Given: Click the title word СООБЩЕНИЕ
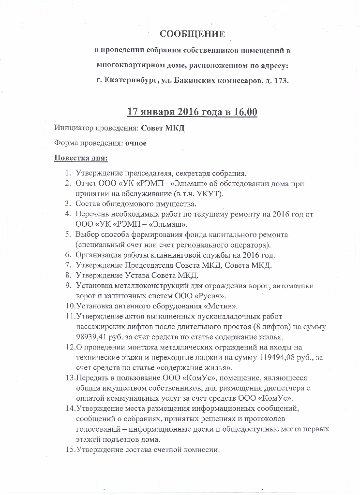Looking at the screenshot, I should click(193, 34).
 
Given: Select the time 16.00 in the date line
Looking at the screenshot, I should click(245, 112).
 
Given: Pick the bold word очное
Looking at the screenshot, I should click(136, 143).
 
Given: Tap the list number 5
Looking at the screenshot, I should click(68, 234).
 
